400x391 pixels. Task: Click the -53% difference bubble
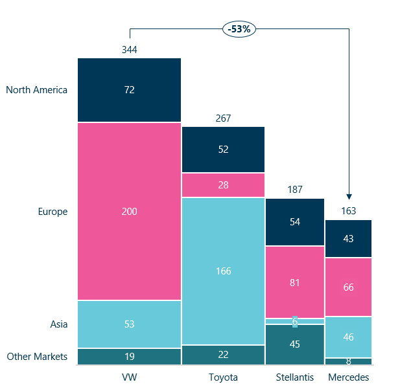point(239,28)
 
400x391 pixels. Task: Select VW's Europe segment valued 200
point(129,211)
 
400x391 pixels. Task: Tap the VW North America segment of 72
point(129,90)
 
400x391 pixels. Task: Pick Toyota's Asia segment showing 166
point(223,271)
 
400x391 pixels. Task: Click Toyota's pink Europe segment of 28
point(223,185)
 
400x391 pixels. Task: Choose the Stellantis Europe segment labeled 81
point(295,282)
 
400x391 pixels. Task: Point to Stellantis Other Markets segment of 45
point(295,344)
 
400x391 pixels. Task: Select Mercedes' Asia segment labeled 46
point(349,337)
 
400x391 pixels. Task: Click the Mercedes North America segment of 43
point(349,239)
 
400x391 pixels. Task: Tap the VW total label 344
point(129,50)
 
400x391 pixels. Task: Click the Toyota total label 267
point(223,118)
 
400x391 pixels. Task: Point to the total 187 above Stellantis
point(295,190)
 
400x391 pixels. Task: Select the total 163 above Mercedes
point(349,211)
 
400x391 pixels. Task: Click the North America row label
point(36,90)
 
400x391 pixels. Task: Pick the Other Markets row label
point(37,357)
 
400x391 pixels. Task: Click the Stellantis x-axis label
point(295,377)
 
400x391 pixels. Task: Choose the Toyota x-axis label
point(223,377)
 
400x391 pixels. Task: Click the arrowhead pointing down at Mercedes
point(349,196)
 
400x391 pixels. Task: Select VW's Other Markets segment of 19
point(129,357)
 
